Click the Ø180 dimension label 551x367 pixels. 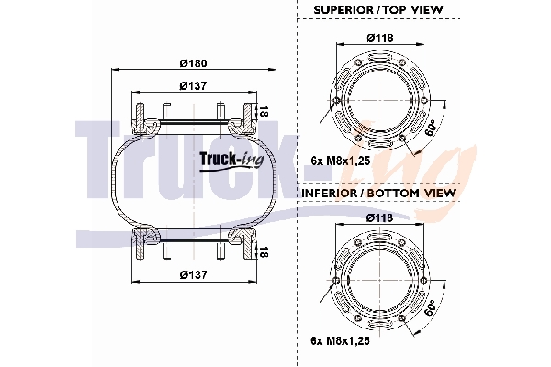click(193, 63)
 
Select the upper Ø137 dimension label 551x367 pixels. click(193, 85)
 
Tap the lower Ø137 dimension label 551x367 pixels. click(193, 274)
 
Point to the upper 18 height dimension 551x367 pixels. click(264, 111)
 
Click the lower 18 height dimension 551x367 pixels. click(264, 251)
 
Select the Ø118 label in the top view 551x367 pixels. click(380, 38)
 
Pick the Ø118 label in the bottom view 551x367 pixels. click(380, 218)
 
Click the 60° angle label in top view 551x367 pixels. click(430, 128)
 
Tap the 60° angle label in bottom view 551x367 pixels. click(430, 308)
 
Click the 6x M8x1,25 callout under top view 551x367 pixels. click(341, 161)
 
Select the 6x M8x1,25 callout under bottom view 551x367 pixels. click(341, 340)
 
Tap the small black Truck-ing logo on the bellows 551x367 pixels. click(231, 161)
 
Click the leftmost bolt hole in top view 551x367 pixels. click(336, 101)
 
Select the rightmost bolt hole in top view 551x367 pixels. click(424, 101)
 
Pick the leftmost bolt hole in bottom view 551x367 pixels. click(336, 280)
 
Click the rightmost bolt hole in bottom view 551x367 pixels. click(423, 280)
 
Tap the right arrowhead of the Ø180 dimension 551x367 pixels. click(271, 70)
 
